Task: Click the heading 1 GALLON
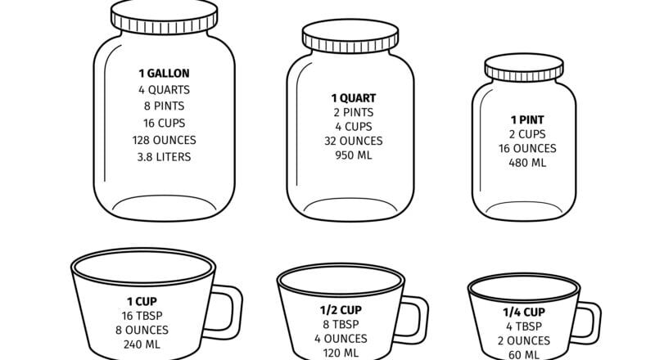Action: pyautogui.click(x=164, y=74)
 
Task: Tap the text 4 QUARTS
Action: pyautogui.click(x=164, y=89)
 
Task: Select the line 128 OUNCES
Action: pyautogui.click(x=164, y=139)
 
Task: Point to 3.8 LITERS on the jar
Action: pyautogui.click(x=164, y=156)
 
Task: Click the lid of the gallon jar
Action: pyautogui.click(x=165, y=17)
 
